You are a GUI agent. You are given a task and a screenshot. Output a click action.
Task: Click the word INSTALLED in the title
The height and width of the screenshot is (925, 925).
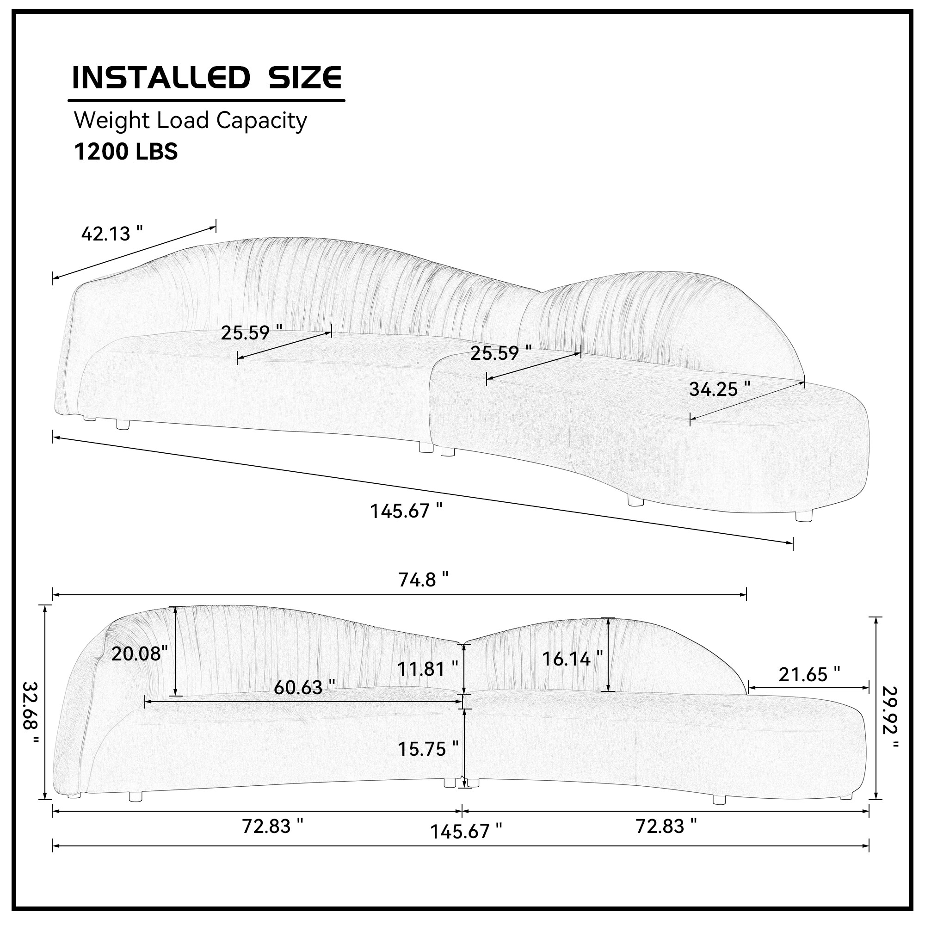[x=161, y=78]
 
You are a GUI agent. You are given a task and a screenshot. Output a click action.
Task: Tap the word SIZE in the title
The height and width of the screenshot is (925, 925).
[x=305, y=78]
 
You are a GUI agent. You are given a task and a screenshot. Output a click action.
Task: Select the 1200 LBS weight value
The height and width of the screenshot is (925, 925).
[x=126, y=151]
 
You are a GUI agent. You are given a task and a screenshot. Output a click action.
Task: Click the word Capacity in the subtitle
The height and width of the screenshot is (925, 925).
[x=261, y=121]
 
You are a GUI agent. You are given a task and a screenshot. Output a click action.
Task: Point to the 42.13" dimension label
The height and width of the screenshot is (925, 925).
[x=112, y=234]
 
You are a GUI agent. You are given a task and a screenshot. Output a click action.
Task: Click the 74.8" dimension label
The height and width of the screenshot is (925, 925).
[x=424, y=580]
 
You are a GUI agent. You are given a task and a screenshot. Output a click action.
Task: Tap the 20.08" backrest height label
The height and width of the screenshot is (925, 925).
[x=139, y=653]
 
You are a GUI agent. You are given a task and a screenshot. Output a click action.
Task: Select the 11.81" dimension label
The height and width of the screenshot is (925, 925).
[x=427, y=668]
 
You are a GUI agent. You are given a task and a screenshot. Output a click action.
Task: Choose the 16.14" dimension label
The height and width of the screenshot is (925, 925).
[x=572, y=659]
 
